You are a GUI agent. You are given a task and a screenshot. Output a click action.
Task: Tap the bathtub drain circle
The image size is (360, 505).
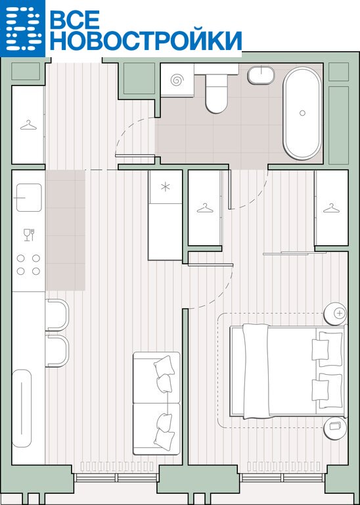click(x=302, y=112)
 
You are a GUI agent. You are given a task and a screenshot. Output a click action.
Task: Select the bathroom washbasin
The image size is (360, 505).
click(x=261, y=75)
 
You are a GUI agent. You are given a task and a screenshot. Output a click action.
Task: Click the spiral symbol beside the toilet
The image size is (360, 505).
click(x=177, y=80)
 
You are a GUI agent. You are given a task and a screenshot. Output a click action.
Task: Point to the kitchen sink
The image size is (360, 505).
click(x=29, y=197)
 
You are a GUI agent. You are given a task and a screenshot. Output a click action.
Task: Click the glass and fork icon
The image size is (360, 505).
click(x=29, y=235)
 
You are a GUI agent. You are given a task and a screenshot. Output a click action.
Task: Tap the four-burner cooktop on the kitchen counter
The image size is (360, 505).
click(x=28, y=264)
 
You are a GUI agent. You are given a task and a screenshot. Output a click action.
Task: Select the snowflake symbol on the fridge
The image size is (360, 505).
click(x=166, y=187)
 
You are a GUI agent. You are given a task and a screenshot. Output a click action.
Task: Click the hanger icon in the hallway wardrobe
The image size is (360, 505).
click(x=28, y=125)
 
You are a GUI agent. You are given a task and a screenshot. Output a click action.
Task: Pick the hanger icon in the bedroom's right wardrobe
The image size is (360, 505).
click(x=331, y=208)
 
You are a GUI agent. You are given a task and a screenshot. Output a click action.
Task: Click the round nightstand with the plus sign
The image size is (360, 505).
click(x=336, y=314)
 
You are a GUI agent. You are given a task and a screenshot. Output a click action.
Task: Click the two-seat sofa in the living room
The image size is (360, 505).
click(x=156, y=403)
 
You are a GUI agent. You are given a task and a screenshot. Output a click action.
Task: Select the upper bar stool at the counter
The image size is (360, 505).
click(x=57, y=315)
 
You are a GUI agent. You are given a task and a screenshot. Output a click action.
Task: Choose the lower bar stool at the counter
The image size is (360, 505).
click(x=57, y=350)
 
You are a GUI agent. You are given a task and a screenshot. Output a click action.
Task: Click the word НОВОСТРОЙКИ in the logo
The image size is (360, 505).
click(x=145, y=41)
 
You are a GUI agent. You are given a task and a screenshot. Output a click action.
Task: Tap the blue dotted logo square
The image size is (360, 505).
click(x=22, y=28)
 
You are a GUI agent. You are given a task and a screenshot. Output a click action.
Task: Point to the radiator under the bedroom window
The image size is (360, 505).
click(x=284, y=466)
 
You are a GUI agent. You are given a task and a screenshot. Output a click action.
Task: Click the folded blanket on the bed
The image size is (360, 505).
click(x=256, y=372)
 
